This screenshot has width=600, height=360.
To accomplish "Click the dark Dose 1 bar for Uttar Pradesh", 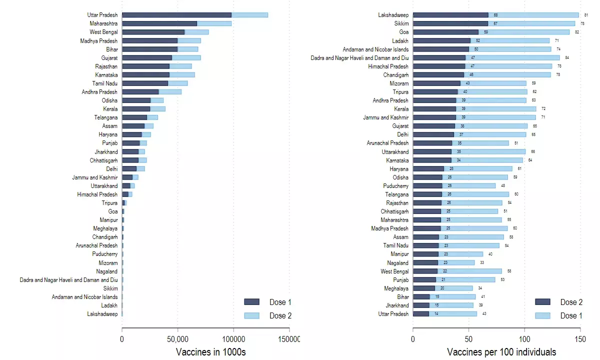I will (176, 15).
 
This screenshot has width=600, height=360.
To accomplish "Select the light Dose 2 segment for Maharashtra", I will (214, 23).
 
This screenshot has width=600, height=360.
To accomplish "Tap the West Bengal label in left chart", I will (103, 32).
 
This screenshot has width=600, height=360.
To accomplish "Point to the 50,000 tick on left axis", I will (177, 339).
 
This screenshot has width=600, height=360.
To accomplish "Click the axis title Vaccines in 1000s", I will (211, 352).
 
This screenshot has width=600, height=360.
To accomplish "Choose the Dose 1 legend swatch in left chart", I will (251, 302).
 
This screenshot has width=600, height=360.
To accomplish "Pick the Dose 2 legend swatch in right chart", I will (542, 302).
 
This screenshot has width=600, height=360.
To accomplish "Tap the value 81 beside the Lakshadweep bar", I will (586, 15).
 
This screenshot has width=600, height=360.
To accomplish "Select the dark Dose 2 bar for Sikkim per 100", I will (450, 23).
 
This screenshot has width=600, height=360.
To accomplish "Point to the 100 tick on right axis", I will (524, 339).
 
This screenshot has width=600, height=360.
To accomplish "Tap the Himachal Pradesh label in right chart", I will (388, 66).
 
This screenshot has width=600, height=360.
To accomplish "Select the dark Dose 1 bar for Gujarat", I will (147, 58).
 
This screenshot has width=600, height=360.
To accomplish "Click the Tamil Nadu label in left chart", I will (105, 83).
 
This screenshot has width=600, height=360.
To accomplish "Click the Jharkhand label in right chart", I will (396, 305).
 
